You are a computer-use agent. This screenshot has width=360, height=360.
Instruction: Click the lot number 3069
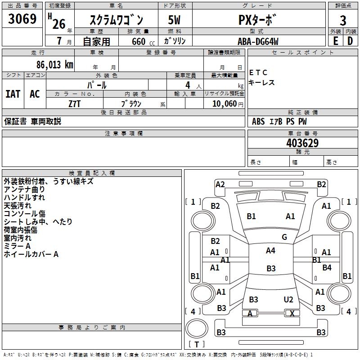pos(22,19)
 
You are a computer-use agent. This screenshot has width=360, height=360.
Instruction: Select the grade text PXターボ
pos(258,20)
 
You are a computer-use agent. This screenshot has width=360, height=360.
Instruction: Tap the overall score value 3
pos(343,20)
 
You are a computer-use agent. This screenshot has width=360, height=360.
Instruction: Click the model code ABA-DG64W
pos(258,41)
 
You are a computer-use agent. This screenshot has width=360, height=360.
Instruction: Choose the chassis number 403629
pos(302,143)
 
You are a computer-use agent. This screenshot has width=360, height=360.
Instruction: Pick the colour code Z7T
pos(75,103)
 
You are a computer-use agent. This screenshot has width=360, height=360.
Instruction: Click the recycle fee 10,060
pos(224,103)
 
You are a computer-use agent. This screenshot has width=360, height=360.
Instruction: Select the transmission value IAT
pos(13,94)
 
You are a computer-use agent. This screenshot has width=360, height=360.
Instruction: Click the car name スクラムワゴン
pos(116,20)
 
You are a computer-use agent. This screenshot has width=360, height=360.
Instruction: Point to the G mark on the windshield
pos(284,237)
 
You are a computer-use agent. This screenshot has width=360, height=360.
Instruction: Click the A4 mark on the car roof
pos(270,251)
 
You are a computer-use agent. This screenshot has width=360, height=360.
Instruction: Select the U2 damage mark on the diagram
pos(288,300)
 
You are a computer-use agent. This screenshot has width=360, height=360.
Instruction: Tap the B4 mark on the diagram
pos(327,268)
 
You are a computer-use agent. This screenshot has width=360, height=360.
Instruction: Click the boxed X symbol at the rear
pos(292,314)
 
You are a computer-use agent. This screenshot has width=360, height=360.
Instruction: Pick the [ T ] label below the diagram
pos(197,344)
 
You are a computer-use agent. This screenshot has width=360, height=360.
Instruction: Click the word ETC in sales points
pos(259,72)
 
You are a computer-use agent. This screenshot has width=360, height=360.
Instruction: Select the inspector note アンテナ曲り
pos(24,189)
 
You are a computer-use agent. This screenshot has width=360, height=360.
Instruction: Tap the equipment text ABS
pos(258,121)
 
